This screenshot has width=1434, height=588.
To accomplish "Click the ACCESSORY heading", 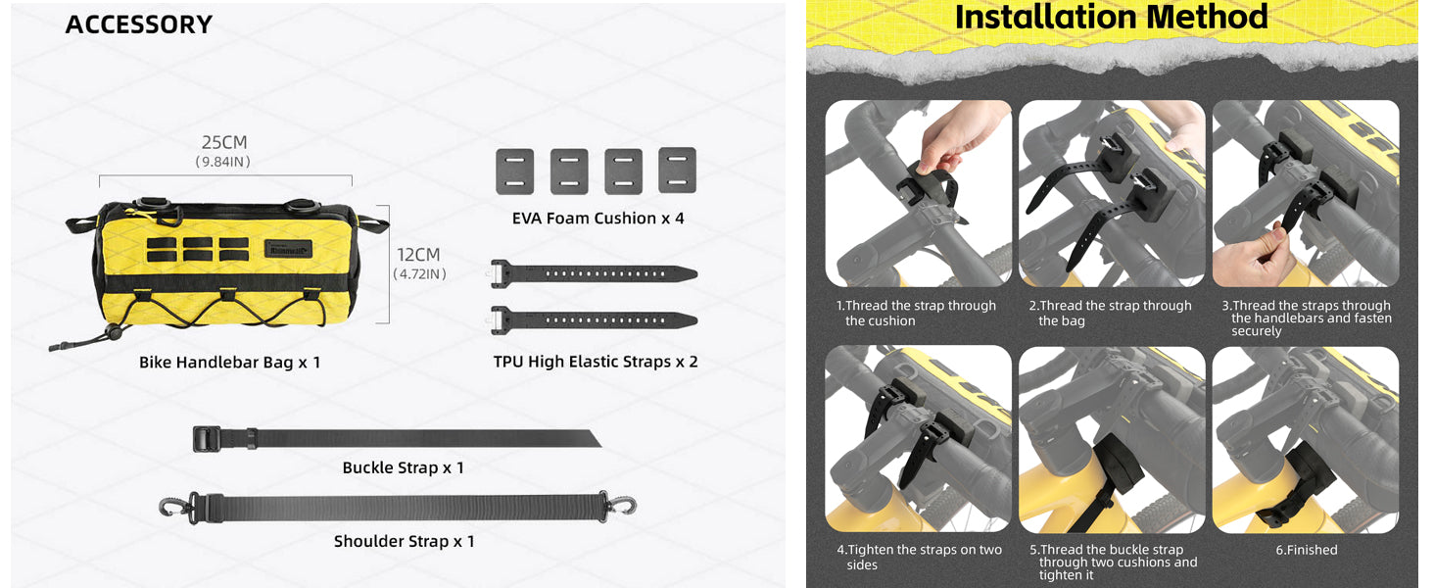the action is (138, 24).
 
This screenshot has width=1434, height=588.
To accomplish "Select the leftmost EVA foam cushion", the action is (514, 171).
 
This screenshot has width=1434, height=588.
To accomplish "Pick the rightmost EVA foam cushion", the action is (677, 171).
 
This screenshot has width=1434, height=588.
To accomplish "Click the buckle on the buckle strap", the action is (207, 439).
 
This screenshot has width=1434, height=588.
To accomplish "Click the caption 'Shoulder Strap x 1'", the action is (404, 542).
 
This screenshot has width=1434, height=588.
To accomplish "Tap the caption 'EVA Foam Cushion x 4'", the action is (597, 219).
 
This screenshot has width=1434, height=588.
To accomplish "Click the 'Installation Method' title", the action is (1111, 18).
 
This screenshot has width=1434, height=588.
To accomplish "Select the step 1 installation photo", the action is (918, 193).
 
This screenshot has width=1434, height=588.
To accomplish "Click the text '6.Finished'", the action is (1306, 550).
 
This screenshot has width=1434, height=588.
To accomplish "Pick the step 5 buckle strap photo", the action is (1112, 439).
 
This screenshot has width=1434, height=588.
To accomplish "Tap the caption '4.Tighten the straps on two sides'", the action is (920, 558).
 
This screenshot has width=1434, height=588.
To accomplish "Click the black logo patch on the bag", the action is (289, 249).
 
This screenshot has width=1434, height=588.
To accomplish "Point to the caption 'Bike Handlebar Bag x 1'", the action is (230, 363).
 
